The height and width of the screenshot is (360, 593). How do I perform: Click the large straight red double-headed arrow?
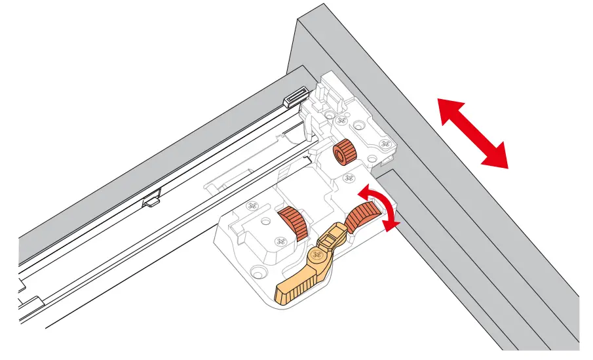point(472,132)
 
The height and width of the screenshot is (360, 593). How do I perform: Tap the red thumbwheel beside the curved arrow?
point(362,216)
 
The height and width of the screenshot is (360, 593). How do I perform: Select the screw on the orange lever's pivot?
point(318,256)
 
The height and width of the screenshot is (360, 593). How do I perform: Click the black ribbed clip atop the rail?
point(296,98)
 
